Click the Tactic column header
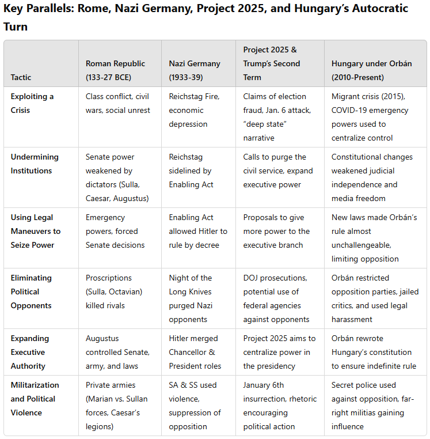21,77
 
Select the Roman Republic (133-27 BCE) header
115,70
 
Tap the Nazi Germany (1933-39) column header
195,70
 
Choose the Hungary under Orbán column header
371,70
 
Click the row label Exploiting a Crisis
32,103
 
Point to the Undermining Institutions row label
35,164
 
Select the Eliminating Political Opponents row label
31,292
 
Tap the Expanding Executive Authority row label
30,352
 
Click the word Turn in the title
16,27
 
